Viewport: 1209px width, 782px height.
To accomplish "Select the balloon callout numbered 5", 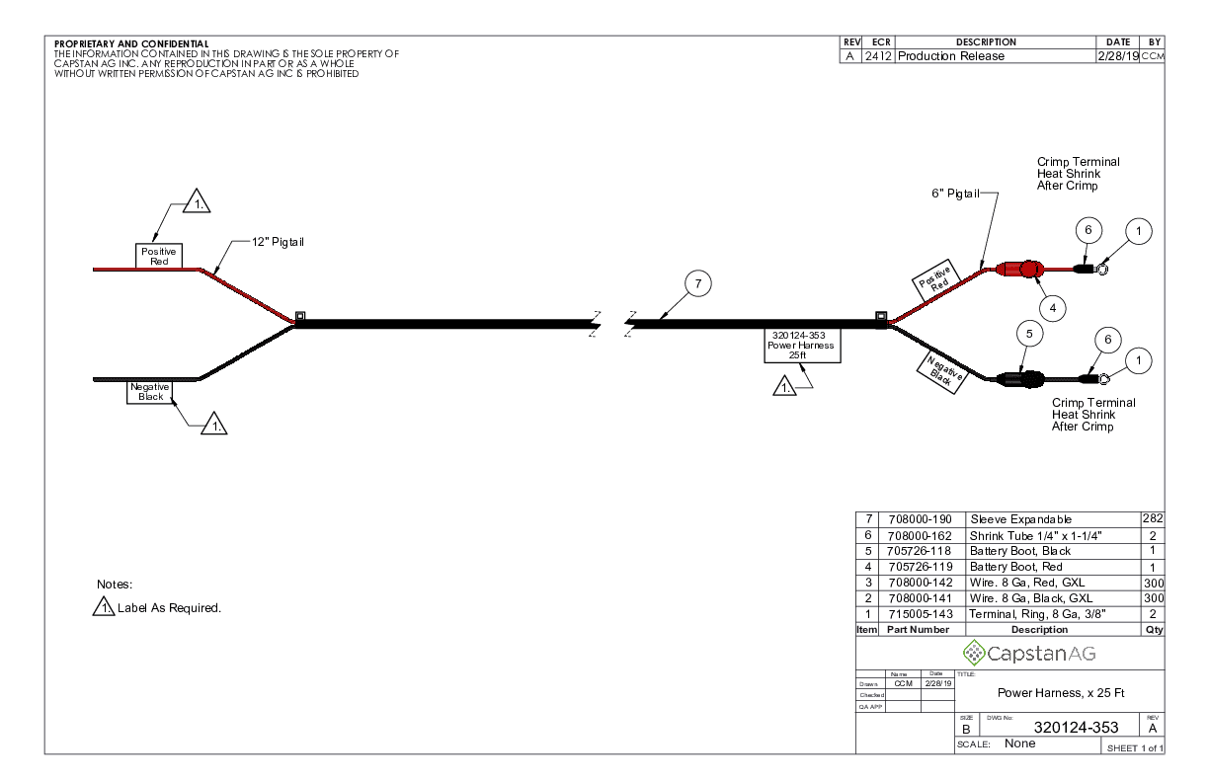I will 1029,335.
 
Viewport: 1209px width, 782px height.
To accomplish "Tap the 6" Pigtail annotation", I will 955,194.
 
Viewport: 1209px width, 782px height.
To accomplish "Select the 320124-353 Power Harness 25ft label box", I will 801,346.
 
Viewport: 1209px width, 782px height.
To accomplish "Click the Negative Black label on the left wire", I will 150,392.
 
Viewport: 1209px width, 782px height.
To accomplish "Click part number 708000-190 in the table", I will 920,519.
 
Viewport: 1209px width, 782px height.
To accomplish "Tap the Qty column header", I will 1153,630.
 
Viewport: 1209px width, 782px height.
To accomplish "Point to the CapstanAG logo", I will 1029,654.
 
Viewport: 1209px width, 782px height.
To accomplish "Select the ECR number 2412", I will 877,56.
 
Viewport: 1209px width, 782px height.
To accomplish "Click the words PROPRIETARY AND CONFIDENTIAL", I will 131,44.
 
